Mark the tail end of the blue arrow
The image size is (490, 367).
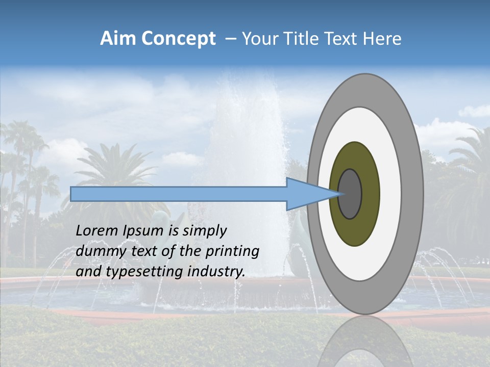click(72, 194)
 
